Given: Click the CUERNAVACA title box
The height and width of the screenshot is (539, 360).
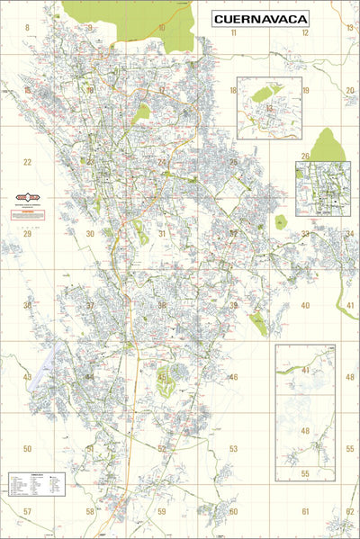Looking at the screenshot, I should [261, 18].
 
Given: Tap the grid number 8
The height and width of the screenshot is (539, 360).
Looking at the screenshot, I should [27, 28].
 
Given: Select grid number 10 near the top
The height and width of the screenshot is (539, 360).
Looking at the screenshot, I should [162, 28].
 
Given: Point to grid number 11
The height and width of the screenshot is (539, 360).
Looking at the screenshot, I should [233, 32].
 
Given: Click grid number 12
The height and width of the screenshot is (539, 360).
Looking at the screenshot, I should [305, 32].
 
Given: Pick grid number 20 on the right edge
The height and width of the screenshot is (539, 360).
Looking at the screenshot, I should [349, 91].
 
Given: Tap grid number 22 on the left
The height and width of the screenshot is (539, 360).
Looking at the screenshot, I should [27, 163].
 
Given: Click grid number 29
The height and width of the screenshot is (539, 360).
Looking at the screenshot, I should [27, 233].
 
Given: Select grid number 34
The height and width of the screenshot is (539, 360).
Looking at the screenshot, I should [349, 233].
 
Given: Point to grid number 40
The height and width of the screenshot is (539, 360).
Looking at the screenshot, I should [305, 306].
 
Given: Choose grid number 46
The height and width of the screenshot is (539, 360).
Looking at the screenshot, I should [233, 377].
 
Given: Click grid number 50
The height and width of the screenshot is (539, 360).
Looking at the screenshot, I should [27, 448].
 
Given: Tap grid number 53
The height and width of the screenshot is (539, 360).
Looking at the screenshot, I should [233, 448].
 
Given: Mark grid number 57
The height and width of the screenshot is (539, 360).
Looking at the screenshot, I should [27, 511].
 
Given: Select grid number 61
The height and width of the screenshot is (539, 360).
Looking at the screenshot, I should [305, 511].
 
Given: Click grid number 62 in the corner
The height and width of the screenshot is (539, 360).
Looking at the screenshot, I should [349, 511].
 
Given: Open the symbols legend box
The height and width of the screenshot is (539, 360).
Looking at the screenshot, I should [36, 484].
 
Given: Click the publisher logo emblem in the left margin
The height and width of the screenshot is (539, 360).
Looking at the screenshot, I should [33, 197].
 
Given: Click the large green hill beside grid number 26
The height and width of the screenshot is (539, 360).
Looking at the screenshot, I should [327, 146].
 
